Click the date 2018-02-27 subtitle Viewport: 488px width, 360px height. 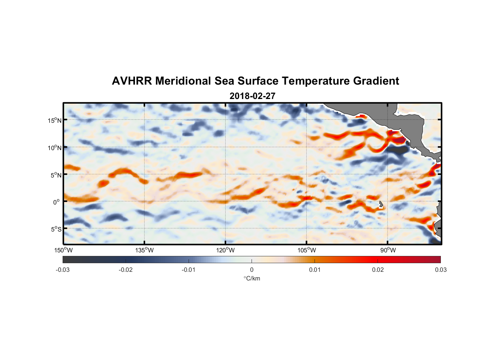(252, 96)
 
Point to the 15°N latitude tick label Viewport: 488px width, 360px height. (54, 120)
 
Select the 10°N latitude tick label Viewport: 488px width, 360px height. (54, 148)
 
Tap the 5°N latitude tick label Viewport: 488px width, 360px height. (56, 175)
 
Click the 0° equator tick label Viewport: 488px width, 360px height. (57, 202)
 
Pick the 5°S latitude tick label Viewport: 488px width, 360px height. (56, 229)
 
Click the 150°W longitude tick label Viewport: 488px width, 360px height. (63, 250)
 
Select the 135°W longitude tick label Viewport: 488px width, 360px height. (145, 250)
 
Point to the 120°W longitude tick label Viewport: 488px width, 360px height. (226, 250)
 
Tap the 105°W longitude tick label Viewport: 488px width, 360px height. (307, 250)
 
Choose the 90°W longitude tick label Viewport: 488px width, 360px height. (388, 250)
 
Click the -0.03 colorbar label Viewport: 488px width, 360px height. (63, 270)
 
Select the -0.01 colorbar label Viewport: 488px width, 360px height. (189, 270)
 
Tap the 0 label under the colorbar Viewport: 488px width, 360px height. (252, 270)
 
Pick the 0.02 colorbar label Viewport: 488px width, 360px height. (378, 270)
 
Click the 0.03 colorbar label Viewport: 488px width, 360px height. (440, 270)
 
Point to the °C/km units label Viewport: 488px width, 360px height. (252, 278)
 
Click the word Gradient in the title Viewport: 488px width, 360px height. (376, 81)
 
